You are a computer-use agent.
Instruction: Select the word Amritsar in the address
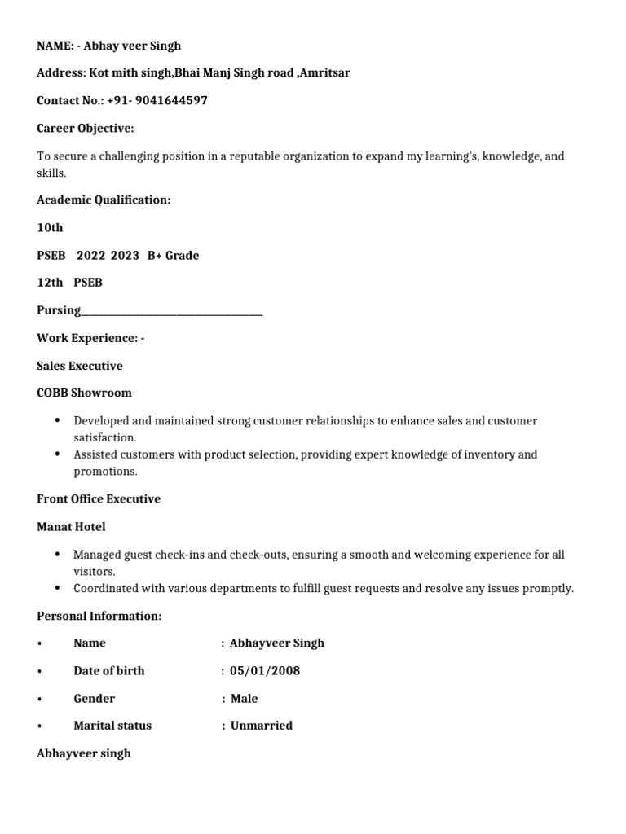[325, 73]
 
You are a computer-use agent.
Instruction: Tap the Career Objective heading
[86, 129]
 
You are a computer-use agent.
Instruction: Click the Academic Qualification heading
[104, 200]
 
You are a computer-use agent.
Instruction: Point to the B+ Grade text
[173, 256]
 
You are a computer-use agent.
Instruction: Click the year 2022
[90, 256]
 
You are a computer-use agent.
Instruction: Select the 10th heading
[50, 228]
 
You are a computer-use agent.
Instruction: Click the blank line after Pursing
[172, 310]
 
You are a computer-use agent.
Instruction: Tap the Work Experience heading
[90, 338]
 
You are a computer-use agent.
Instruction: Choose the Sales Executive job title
[80, 366]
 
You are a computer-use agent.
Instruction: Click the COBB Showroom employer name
[84, 393]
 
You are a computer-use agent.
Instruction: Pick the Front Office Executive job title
[99, 499]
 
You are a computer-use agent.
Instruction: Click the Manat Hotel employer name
[71, 527]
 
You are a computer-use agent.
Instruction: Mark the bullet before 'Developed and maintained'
[57, 420]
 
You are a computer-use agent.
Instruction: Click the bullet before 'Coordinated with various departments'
[57, 587]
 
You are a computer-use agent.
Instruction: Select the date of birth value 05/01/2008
[265, 671]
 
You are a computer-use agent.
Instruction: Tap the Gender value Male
[244, 699]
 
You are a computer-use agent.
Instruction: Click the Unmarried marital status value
[261, 726]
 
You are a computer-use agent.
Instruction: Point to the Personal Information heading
[99, 616]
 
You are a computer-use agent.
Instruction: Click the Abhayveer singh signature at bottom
[84, 753]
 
